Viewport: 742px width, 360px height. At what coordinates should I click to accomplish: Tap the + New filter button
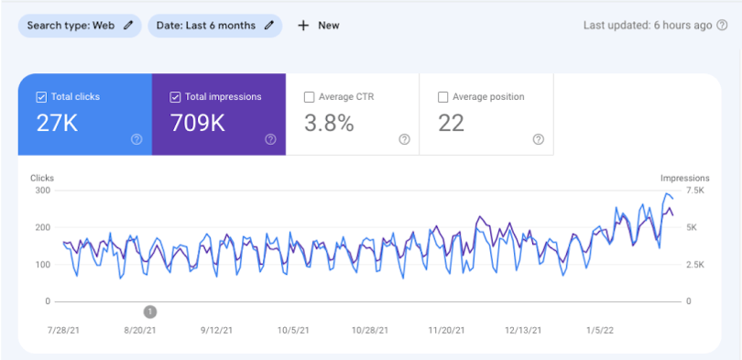point(319,26)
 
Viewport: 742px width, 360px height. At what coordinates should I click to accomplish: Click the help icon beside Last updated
point(722,26)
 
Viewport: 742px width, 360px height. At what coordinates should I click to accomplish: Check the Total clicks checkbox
point(40,97)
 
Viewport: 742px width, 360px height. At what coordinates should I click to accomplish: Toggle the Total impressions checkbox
point(175,97)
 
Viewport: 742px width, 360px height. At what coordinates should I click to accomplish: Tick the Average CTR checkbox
point(309,97)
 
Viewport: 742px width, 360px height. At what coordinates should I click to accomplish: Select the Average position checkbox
point(443,97)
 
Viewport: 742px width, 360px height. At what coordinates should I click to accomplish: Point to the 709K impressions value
point(198,124)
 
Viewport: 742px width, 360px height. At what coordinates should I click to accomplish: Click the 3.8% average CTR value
point(328,124)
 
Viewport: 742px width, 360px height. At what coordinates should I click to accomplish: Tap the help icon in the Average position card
point(538,139)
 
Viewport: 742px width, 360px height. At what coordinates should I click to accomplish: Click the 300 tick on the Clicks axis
point(41,191)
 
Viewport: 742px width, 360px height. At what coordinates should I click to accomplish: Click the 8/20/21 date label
point(140,331)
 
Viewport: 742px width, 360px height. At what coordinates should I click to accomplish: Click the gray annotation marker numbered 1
point(150,311)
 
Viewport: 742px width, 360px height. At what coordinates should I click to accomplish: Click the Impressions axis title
point(684,178)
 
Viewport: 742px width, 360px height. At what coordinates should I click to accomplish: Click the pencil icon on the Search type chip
point(128,26)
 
